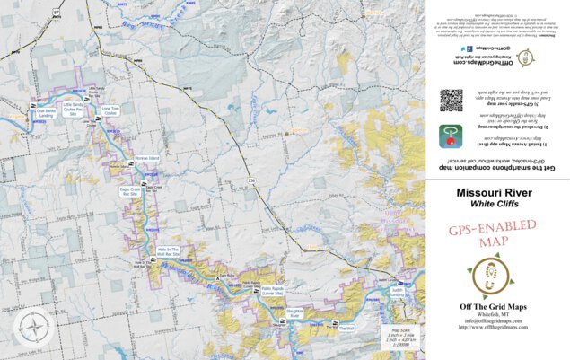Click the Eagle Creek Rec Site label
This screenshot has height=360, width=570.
[x=131, y=191]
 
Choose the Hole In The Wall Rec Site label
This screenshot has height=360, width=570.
[x=169, y=251]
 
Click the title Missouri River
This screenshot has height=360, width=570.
[x=495, y=192]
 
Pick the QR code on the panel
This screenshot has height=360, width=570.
[x=451, y=100]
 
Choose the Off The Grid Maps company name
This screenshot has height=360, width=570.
[x=495, y=307]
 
